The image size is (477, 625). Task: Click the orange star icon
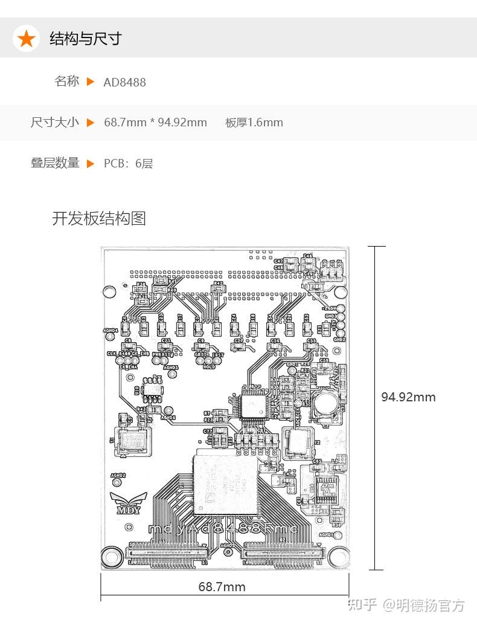[x=26, y=39]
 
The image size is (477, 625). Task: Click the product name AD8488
[x=124, y=82]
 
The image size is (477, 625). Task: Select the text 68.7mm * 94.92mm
[x=155, y=123]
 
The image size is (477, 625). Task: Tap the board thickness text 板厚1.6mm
[x=254, y=123]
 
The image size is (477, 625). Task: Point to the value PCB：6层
[x=128, y=163]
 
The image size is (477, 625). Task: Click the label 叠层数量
[x=55, y=163]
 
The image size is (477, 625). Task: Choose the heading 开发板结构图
[x=99, y=218]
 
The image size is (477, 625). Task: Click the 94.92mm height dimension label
[x=408, y=397]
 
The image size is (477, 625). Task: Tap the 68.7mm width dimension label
[x=222, y=586]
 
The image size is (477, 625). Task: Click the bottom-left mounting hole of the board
[x=110, y=555]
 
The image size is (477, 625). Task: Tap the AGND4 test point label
[x=110, y=331]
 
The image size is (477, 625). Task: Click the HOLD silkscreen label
[x=209, y=367]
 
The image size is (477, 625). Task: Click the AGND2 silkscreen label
[x=117, y=476]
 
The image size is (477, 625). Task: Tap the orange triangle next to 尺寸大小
[x=91, y=123]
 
